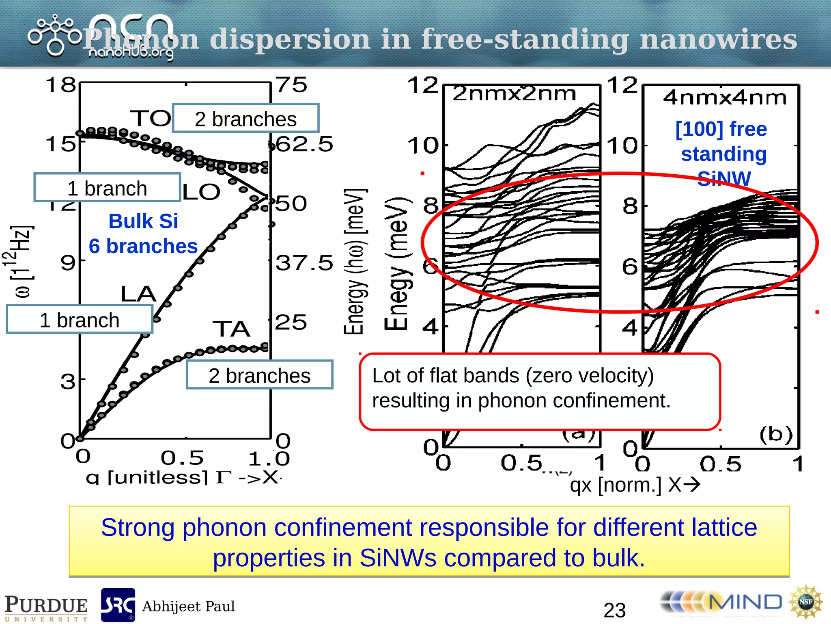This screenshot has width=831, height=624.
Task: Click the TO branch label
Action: point(151,118)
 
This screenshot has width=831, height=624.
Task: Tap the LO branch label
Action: point(201,192)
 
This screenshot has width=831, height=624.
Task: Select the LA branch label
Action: point(138,294)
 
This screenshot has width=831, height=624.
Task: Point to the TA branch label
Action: point(231,329)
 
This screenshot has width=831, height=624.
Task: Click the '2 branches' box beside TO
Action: point(245,119)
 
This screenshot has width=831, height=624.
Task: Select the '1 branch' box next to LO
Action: point(107,188)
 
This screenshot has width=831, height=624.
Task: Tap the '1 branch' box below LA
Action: point(80,320)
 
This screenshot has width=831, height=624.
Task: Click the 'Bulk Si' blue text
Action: point(143,221)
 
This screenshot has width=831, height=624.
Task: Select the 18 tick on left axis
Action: point(61,85)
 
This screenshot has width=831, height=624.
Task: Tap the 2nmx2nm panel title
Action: point(514,94)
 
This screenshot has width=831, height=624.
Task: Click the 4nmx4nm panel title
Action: point(725,98)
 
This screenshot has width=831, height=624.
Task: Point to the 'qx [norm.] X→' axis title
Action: point(635,485)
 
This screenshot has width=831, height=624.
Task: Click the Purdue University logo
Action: point(46,607)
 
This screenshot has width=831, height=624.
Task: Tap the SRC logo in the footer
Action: point(118,605)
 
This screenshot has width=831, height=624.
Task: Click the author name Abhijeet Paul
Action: point(189,606)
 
